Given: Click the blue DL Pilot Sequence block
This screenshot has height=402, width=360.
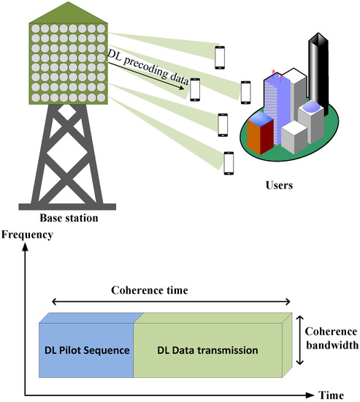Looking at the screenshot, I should pyautogui.click(x=85, y=350).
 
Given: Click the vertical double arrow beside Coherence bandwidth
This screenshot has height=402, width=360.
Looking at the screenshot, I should pyautogui.click(x=299, y=341).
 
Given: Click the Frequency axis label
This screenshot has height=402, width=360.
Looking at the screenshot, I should pyautogui.click(x=28, y=235).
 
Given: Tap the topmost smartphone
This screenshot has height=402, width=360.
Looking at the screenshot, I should pyautogui.click(x=220, y=56).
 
